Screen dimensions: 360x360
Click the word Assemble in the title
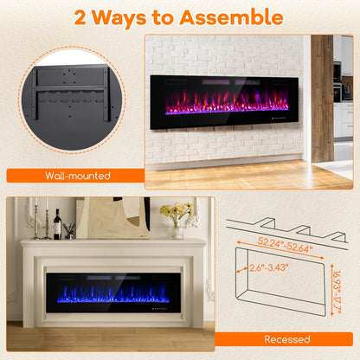pos(228,16)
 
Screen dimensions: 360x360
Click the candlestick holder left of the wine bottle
pos(36,223)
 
